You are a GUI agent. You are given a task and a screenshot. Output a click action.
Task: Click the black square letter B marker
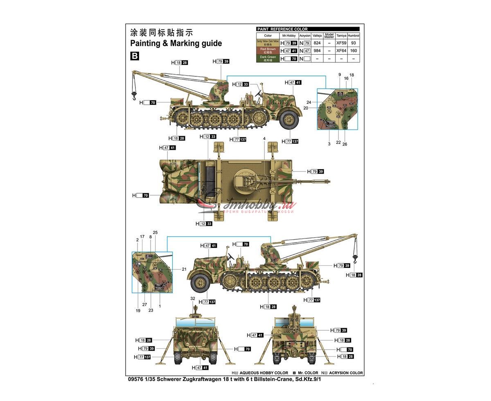click(x=134, y=56)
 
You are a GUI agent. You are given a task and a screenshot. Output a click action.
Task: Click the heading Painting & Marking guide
click(x=176, y=43)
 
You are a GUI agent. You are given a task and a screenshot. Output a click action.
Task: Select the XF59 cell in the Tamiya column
click(x=341, y=43)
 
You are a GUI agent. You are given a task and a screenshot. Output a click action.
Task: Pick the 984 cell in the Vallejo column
click(x=317, y=51)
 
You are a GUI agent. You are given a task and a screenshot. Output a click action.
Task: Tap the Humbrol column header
click(x=354, y=36)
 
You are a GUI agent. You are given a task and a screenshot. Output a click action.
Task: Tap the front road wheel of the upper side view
click(x=289, y=119)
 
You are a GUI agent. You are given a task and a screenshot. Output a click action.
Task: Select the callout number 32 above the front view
click(x=193, y=299)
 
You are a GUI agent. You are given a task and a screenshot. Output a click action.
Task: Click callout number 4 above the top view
click(x=264, y=139)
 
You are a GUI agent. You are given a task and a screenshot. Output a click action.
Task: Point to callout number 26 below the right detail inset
click(x=345, y=144)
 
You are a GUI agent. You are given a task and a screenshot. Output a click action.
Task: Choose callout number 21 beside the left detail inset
click(x=184, y=269)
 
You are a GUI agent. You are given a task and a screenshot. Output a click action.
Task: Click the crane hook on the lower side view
click(x=356, y=258)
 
